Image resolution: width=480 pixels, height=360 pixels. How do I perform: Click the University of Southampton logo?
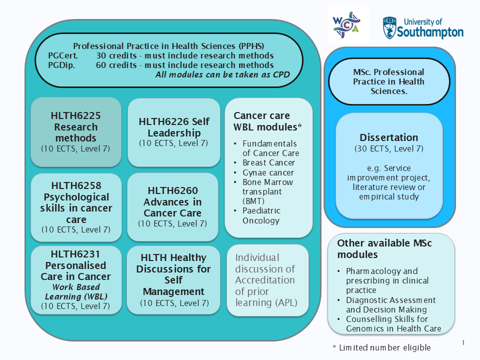click(x=423, y=27)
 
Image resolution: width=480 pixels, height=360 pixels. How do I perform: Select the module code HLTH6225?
click(x=75, y=116)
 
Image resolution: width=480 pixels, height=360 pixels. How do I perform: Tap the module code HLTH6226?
click(x=174, y=121)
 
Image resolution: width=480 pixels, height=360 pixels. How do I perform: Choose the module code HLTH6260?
click(x=172, y=190)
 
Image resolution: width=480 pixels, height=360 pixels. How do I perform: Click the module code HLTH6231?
click(x=75, y=254)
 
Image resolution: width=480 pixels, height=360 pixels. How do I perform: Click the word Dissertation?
click(x=388, y=137)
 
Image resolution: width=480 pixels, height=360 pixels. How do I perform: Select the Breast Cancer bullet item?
click(x=268, y=162)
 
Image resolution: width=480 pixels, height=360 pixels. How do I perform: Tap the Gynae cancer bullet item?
click(x=268, y=172)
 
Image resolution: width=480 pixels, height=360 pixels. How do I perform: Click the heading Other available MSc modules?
click(x=384, y=248)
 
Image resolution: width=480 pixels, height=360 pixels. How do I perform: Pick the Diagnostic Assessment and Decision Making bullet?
click(x=390, y=304)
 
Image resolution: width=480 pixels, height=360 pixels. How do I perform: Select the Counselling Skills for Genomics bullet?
click(x=393, y=323)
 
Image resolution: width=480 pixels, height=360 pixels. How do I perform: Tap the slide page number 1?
click(x=463, y=342)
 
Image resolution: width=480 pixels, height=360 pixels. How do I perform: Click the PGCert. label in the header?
click(x=63, y=55)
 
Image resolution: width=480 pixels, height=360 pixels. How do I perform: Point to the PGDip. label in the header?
click(x=61, y=65)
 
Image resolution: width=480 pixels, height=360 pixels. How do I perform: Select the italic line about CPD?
click(x=222, y=75)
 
